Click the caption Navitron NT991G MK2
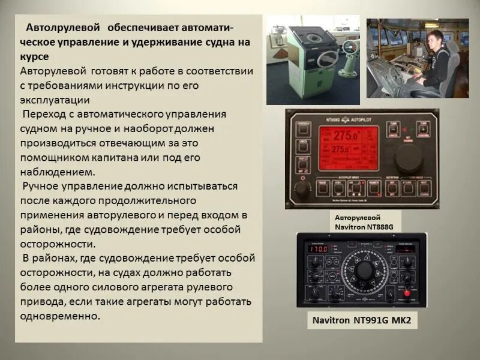[360, 320]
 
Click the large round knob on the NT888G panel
[409, 157]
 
